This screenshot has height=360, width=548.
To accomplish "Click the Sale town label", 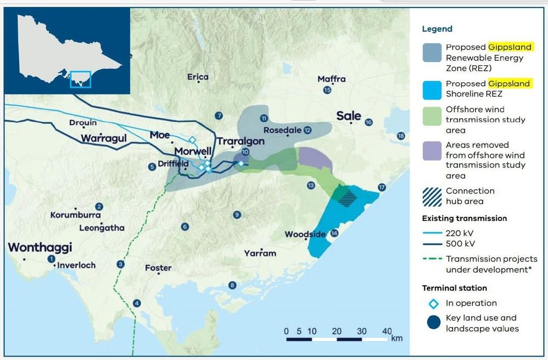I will coord(349,116).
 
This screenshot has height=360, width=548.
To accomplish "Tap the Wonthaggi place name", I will coord(40,248).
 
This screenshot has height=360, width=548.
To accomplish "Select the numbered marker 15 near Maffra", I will coord(328,90).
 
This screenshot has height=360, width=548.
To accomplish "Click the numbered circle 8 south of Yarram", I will coord(232,285).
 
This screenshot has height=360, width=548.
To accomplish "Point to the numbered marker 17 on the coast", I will coord(382,188).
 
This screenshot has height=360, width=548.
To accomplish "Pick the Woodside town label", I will coord(305,235).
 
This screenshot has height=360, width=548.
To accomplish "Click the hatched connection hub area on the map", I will coord(346,196).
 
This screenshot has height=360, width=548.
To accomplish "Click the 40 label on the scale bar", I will coord(387,331).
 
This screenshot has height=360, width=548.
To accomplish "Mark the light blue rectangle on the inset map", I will coord(81,79).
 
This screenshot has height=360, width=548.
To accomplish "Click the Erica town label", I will coord(198,77).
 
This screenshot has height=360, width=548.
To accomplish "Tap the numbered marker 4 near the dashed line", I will coord(137,303).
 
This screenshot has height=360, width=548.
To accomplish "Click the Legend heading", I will coord(437,29).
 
